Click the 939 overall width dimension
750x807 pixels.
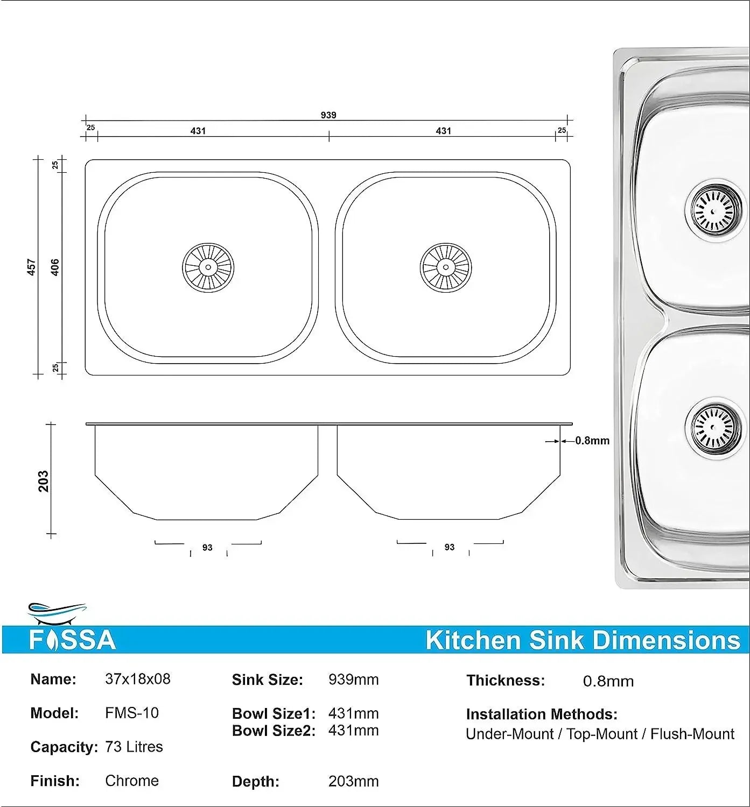[x=328, y=115]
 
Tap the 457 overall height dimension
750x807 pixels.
[x=32, y=267]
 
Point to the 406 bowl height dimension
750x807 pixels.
[x=55, y=267]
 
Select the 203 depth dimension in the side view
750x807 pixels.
[x=44, y=481]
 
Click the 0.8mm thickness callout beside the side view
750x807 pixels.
[x=592, y=441]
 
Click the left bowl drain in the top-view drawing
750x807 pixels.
[x=208, y=267]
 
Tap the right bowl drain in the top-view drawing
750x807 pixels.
[x=446, y=267]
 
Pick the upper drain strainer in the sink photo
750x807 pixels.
[x=712, y=210]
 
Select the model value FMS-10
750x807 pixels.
[x=132, y=713]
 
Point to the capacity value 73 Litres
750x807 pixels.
[x=134, y=747]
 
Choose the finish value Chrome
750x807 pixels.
[x=132, y=781]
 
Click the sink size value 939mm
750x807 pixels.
[x=353, y=679]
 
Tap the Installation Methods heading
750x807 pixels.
[x=542, y=714]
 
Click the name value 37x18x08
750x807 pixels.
[x=138, y=679]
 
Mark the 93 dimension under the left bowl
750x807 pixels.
[x=207, y=548]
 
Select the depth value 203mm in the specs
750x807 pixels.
[x=353, y=781]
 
